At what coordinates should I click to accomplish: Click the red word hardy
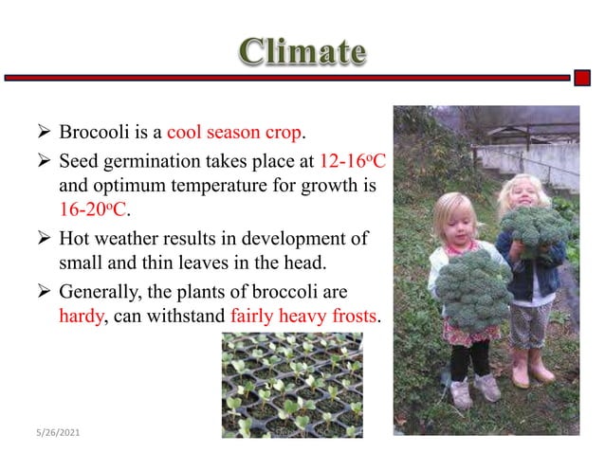click(80, 316)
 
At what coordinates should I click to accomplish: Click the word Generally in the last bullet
click(99, 290)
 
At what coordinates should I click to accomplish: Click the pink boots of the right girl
click(532, 367)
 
